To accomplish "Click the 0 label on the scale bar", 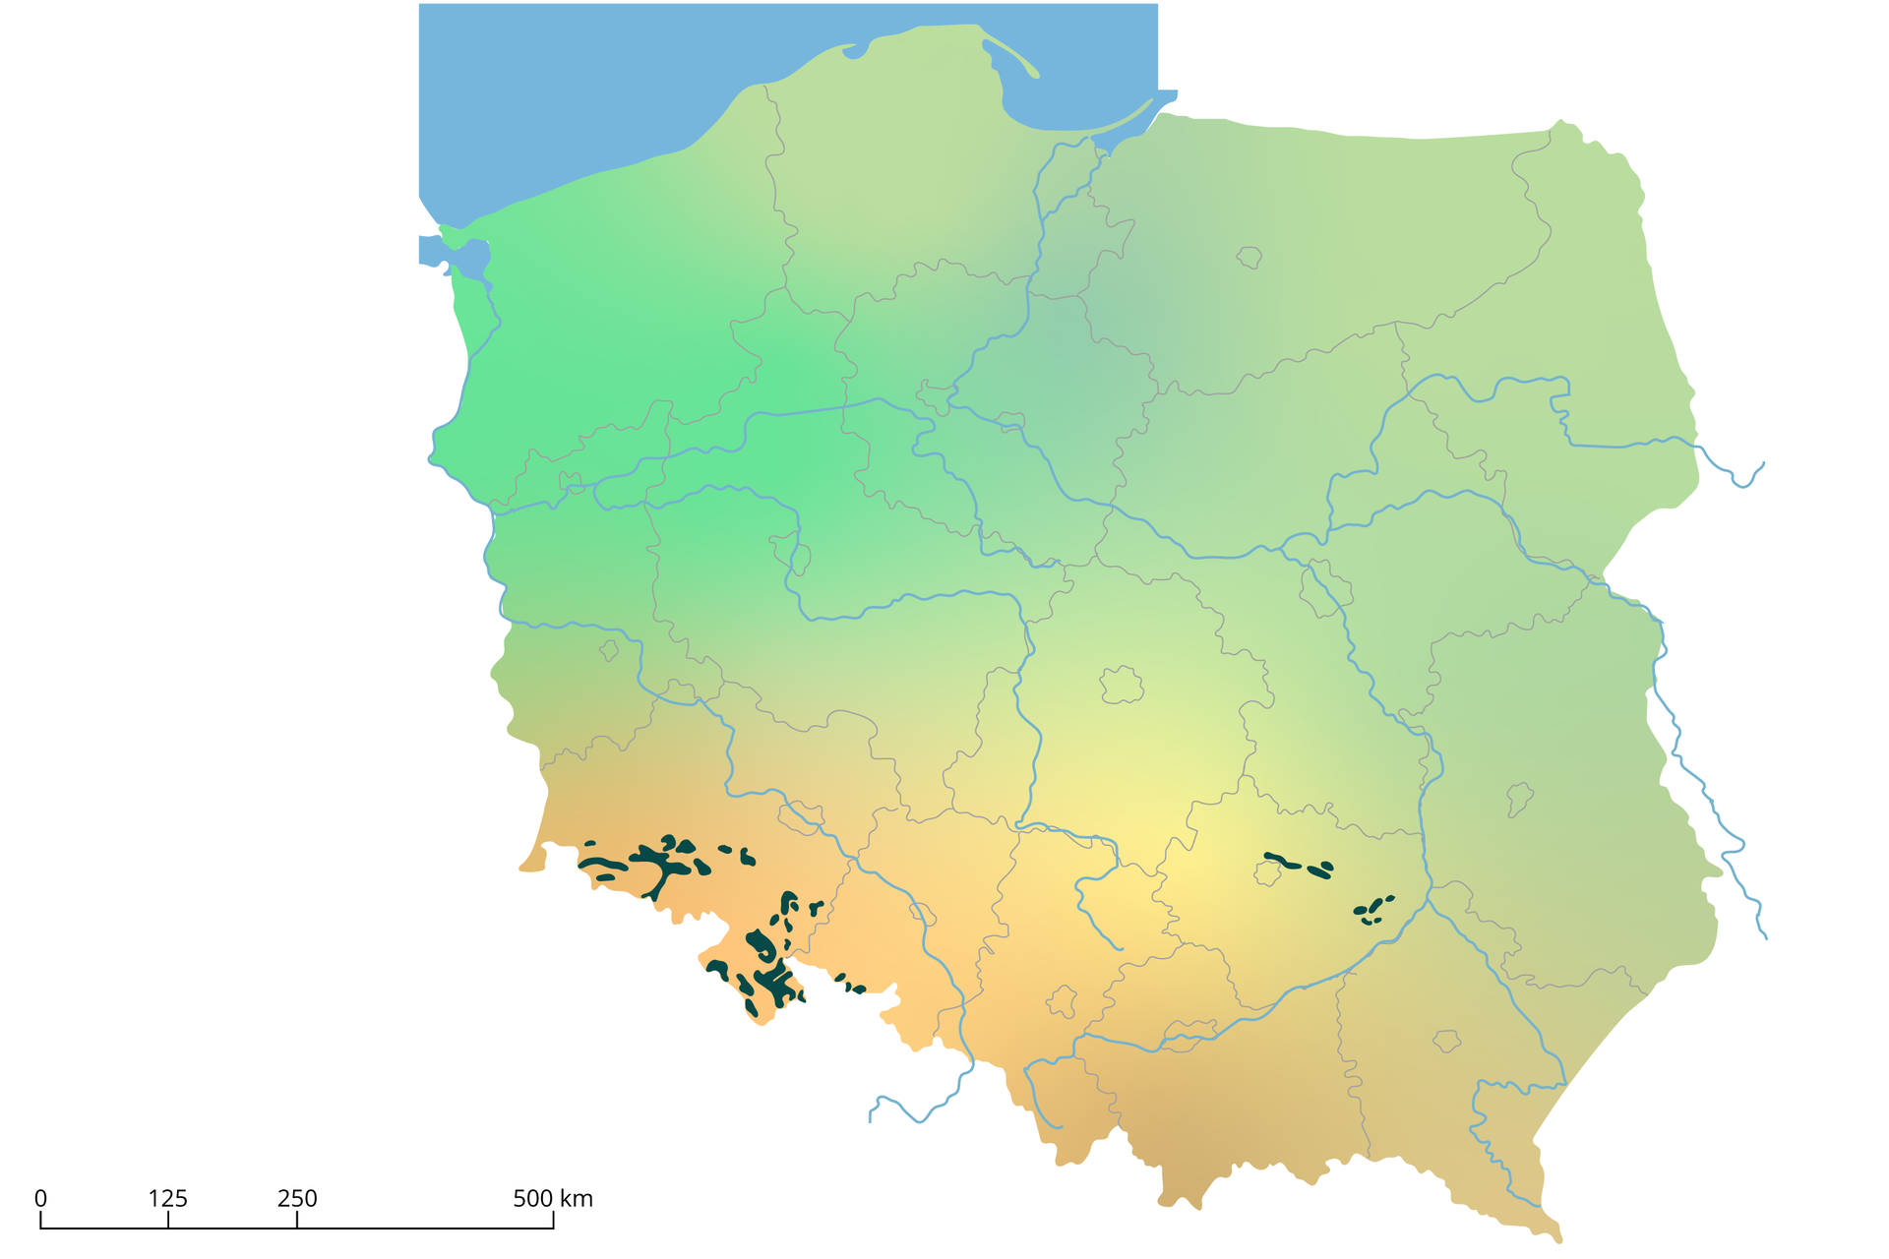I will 40,1199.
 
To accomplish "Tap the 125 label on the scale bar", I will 168,1199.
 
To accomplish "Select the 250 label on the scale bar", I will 297,1199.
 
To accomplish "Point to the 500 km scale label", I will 552,1199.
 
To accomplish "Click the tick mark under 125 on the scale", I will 168,1221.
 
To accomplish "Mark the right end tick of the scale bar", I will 553,1221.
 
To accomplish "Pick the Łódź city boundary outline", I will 1122,685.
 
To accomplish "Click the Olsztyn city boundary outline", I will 1249,257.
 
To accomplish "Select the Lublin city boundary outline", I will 1520,799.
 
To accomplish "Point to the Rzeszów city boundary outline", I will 1446,1040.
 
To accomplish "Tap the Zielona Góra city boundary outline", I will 609,650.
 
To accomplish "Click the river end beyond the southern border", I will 871,1119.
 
